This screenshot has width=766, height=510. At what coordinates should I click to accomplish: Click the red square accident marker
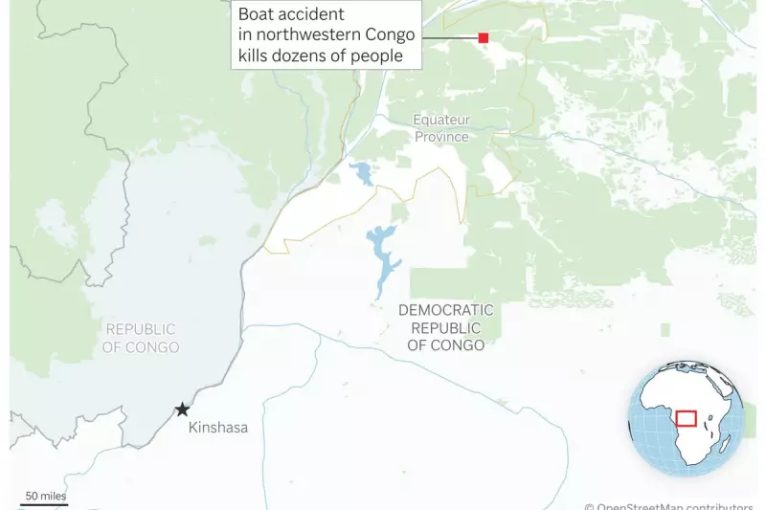click(x=484, y=37)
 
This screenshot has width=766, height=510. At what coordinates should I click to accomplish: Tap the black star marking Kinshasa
click(x=182, y=410)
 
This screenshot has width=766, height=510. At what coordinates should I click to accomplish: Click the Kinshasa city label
click(x=218, y=428)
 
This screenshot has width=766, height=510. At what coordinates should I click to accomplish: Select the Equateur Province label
click(x=441, y=128)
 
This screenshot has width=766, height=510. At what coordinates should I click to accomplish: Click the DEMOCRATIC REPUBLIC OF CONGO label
click(x=446, y=327)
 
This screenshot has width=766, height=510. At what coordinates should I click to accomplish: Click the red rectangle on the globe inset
click(x=686, y=418)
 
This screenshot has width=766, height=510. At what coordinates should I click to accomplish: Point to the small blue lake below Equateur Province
click(x=363, y=173)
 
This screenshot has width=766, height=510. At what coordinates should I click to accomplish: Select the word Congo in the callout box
click(x=394, y=35)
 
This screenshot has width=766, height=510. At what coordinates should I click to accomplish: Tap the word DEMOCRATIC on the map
click(x=446, y=310)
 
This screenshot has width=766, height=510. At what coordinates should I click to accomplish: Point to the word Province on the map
click(x=441, y=137)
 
